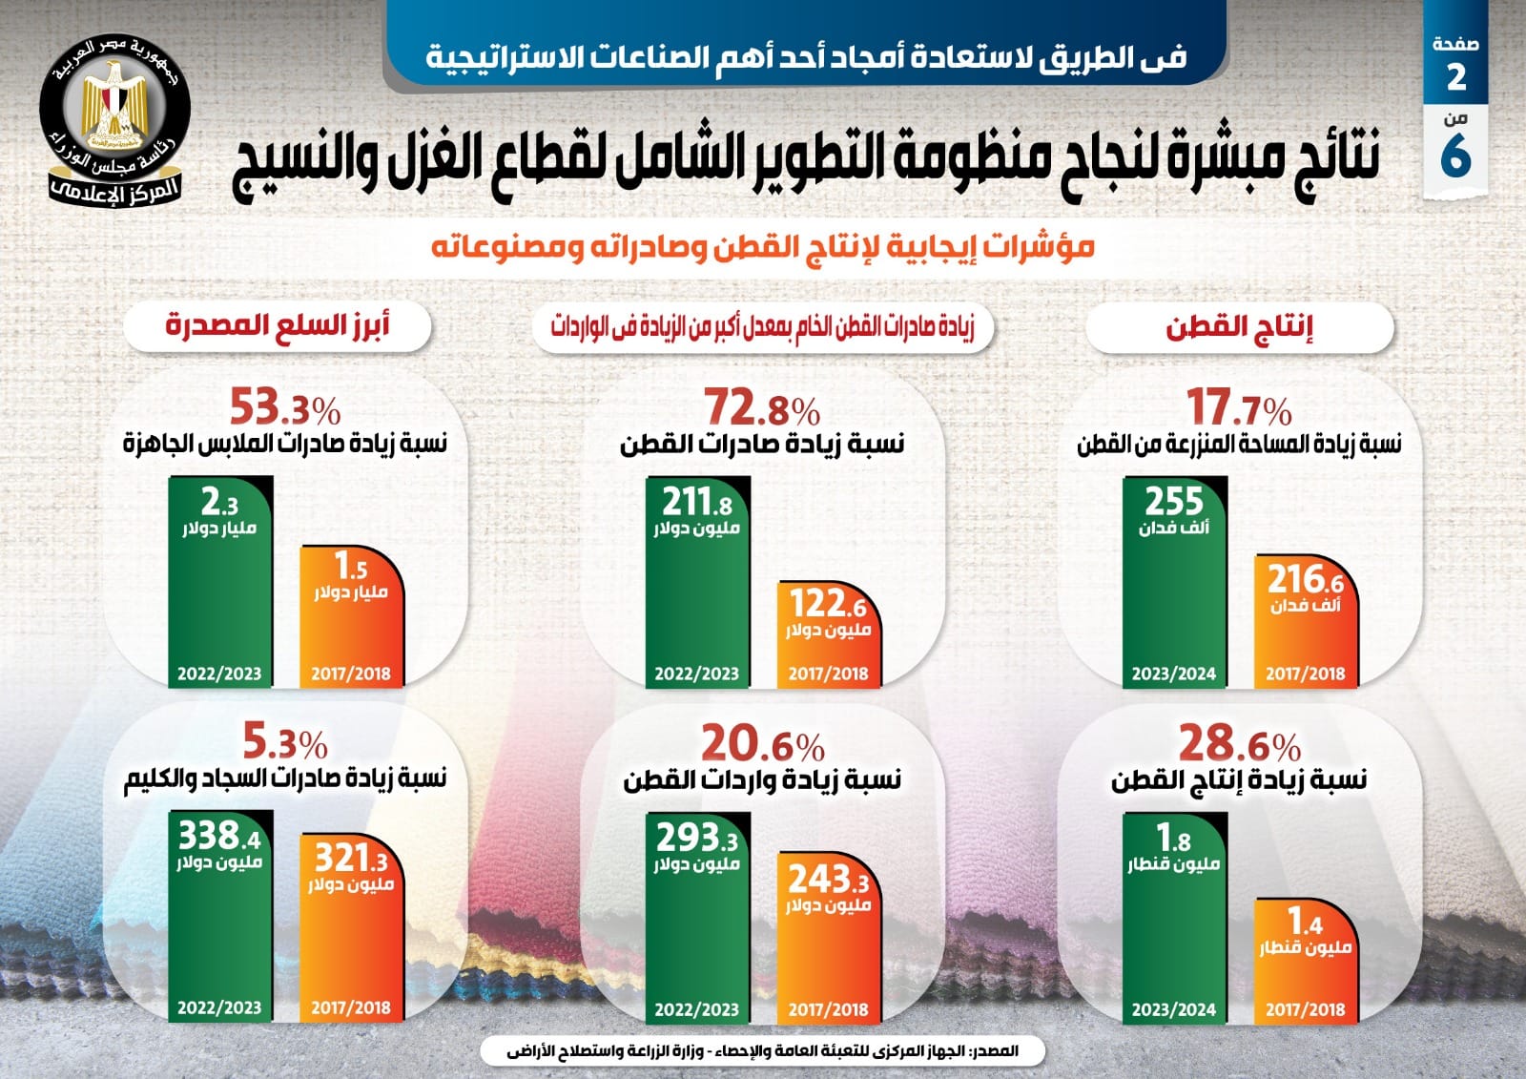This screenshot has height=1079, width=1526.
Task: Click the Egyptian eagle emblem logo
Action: coord(115,119)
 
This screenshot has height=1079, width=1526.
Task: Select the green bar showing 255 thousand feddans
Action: coord(1174,582)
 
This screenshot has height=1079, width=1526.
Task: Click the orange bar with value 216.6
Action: coord(1305,620)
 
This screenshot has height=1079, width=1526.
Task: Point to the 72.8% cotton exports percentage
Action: coord(761,408)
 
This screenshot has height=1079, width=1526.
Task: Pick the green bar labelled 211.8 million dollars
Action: coord(697,582)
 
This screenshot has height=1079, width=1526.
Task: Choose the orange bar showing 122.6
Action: coord(828,634)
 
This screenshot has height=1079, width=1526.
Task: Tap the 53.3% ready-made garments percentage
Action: coord(284,408)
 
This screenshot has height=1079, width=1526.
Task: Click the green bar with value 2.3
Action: coord(220,582)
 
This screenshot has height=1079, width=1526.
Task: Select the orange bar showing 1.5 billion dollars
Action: coord(351,615)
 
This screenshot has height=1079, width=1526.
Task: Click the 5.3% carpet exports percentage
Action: coord(284,741)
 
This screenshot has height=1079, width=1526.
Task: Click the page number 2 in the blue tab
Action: coord(1455,76)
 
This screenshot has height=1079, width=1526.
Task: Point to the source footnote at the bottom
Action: coord(762,1051)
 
